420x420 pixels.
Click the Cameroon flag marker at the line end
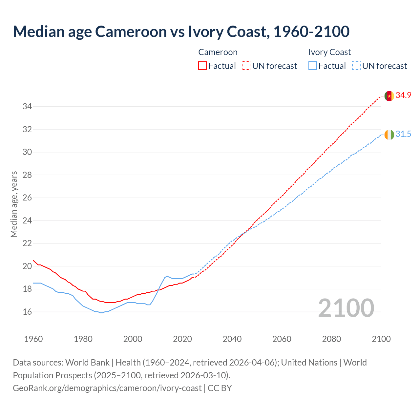tap(389, 96)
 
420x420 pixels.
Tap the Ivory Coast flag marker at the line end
tap(389, 135)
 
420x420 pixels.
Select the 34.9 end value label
tap(403, 95)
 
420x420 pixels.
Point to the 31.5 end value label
tap(403, 134)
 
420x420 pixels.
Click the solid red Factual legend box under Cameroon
tap(202, 66)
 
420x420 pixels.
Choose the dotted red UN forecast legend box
tap(246, 66)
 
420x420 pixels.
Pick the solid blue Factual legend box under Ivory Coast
tap(313, 66)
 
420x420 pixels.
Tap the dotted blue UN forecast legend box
tap(356, 66)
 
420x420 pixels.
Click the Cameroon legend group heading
tap(218, 52)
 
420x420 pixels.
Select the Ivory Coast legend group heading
tap(329, 52)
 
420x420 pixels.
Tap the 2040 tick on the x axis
tap(232, 339)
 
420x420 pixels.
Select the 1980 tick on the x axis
tap(83, 339)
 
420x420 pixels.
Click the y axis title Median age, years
tap(14, 204)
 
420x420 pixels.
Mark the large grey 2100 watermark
tap(346, 308)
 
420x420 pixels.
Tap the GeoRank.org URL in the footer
tap(107, 388)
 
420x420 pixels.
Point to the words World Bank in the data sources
tap(87, 363)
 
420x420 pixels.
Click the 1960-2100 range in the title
tap(311, 31)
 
